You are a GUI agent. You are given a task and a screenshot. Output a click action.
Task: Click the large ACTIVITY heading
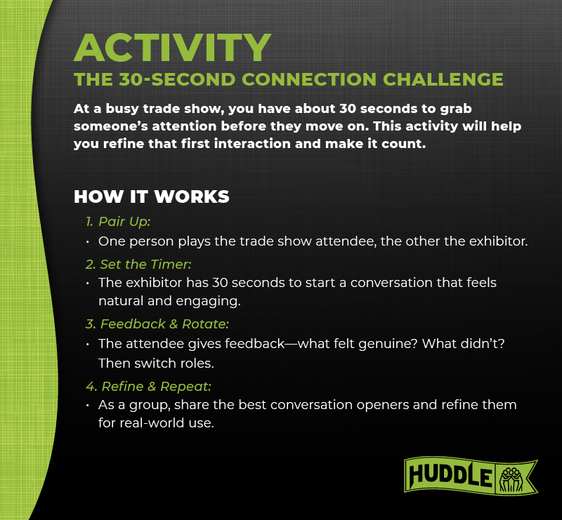(x=172, y=47)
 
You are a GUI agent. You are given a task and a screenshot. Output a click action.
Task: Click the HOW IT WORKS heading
(x=152, y=196)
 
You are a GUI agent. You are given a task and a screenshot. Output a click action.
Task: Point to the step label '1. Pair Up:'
(x=118, y=222)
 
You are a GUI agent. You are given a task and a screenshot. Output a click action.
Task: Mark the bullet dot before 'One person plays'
(x=88, y=242)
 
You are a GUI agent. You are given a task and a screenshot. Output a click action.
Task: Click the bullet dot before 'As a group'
(x=88, y=406)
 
